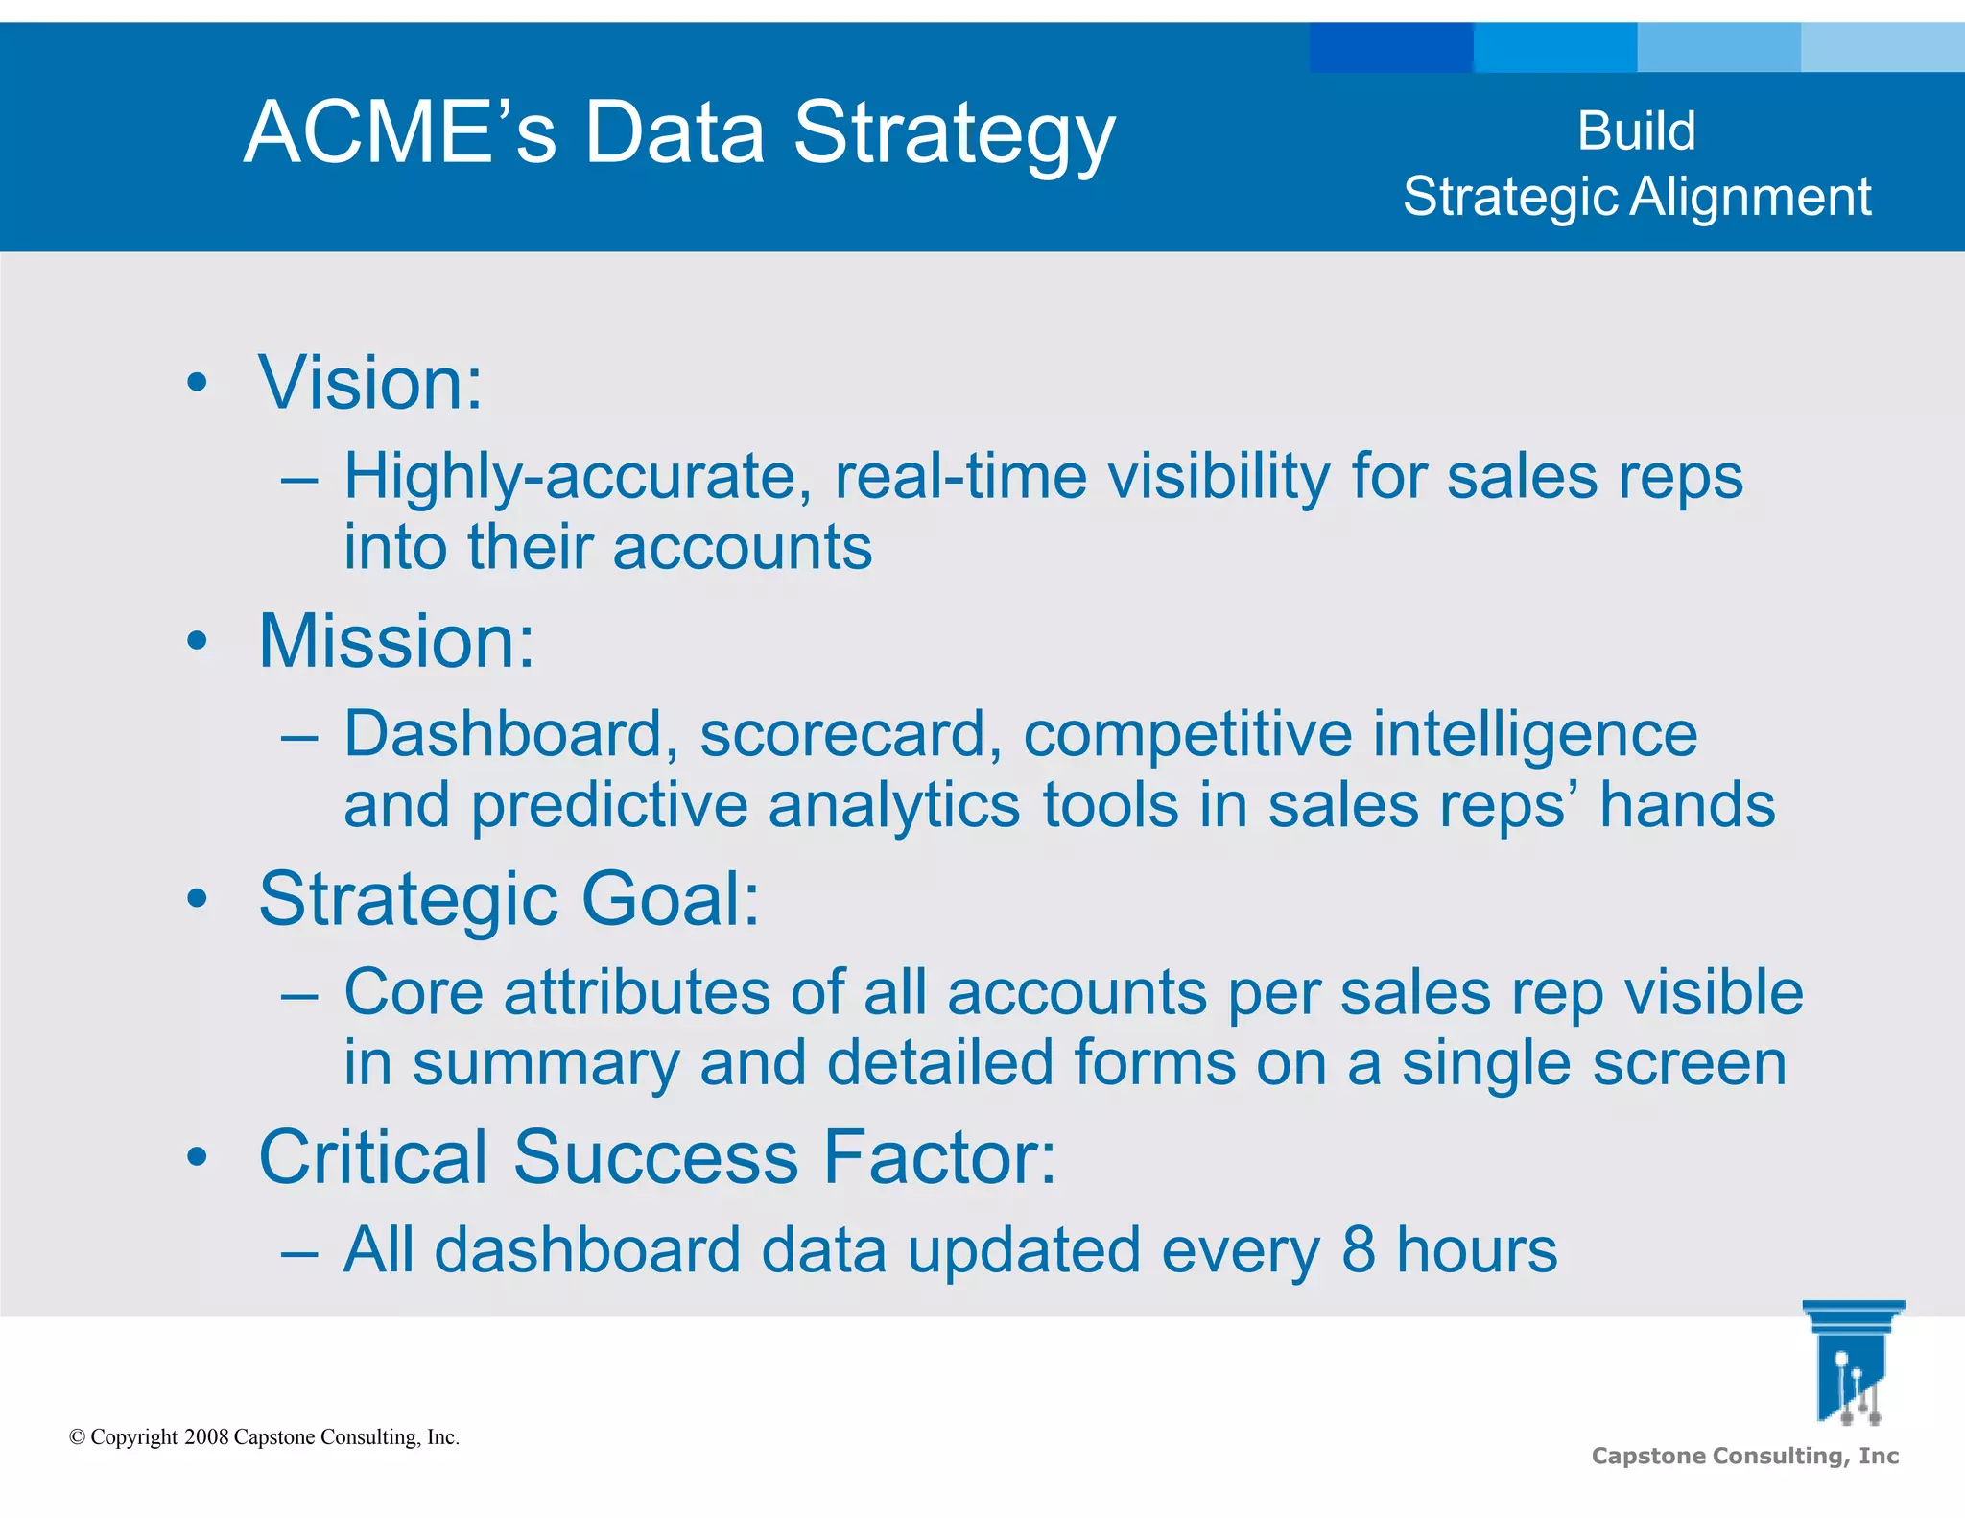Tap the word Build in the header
(x=1636, y=130)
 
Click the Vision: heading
(x=370, y=383)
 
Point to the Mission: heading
(x=396, y=641)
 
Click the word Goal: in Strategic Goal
(x=671, y=899)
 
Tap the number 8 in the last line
(x=1358, y=1249)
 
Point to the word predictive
(x=608, y=806)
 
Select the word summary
(x=544, y=1063)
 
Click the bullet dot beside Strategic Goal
(x=198, y=900)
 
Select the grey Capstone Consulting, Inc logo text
(x=1744, y=1456)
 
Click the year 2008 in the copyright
(x=206, y=1436)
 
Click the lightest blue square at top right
(x=1882, y=47)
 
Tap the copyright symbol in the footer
(x=78, y=1437)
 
